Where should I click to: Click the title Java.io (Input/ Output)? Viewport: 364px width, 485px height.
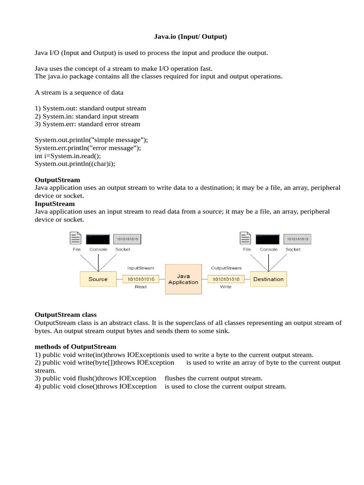coord(191,36)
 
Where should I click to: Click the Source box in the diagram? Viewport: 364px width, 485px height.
coord(98,279)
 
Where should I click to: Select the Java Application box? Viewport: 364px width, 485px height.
coord(183,279)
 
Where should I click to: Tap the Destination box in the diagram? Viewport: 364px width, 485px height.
coord(268,279)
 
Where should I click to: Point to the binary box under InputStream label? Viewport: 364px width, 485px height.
coord(141,279)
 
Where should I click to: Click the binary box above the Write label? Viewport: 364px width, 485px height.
coord(226,279)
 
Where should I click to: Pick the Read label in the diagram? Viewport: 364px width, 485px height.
coord(141,287)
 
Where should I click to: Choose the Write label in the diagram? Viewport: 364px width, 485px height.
coord(226,287)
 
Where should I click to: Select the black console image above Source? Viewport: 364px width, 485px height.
coord(98,239)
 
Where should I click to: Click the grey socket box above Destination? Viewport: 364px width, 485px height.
coord(297,239)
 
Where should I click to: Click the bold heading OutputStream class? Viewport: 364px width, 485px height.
coord(65,315)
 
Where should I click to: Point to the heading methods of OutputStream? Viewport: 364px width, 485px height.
coord(75,347)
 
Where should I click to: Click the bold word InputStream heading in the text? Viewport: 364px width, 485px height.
coord(55,204)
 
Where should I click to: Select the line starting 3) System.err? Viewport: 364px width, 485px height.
coord(87,124)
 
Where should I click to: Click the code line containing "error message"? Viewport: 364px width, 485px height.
coord(87,148)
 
